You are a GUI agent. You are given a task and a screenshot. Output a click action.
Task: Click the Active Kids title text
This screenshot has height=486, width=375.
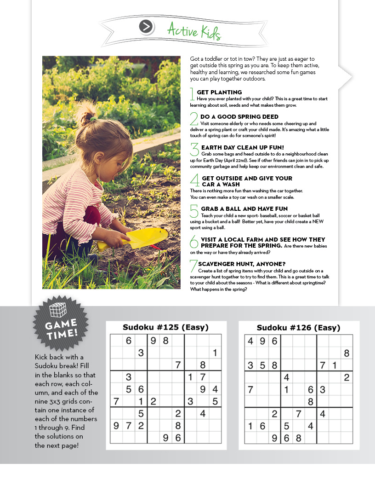click(194, 31)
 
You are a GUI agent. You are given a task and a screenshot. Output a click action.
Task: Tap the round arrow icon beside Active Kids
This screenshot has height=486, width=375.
click(146, 27)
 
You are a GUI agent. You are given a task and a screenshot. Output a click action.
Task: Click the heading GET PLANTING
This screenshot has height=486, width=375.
click(219, 93)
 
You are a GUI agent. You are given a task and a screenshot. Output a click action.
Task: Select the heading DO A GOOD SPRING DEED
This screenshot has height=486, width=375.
click(239, 117)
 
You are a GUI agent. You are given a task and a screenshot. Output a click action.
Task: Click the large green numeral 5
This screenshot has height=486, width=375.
click(194, 210)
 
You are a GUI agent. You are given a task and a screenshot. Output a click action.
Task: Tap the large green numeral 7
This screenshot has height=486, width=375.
click(193, 266)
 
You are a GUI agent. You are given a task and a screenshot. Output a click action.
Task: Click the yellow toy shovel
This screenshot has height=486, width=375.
click(138, 237)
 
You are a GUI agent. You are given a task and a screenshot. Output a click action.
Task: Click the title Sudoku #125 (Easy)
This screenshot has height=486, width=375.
click(165, 328)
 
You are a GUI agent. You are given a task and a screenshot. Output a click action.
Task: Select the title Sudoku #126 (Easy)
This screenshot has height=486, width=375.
click(298, 328)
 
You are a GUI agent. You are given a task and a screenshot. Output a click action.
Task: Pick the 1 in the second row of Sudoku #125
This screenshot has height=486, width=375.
click(215, 353)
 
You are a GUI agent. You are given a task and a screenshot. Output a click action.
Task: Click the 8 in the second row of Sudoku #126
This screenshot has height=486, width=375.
click(347, 353)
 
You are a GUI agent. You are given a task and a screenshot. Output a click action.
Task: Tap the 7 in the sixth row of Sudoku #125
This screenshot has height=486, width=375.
click(116, 401)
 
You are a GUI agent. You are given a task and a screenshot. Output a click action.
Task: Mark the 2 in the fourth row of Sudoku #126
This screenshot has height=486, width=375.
click(347, 377)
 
